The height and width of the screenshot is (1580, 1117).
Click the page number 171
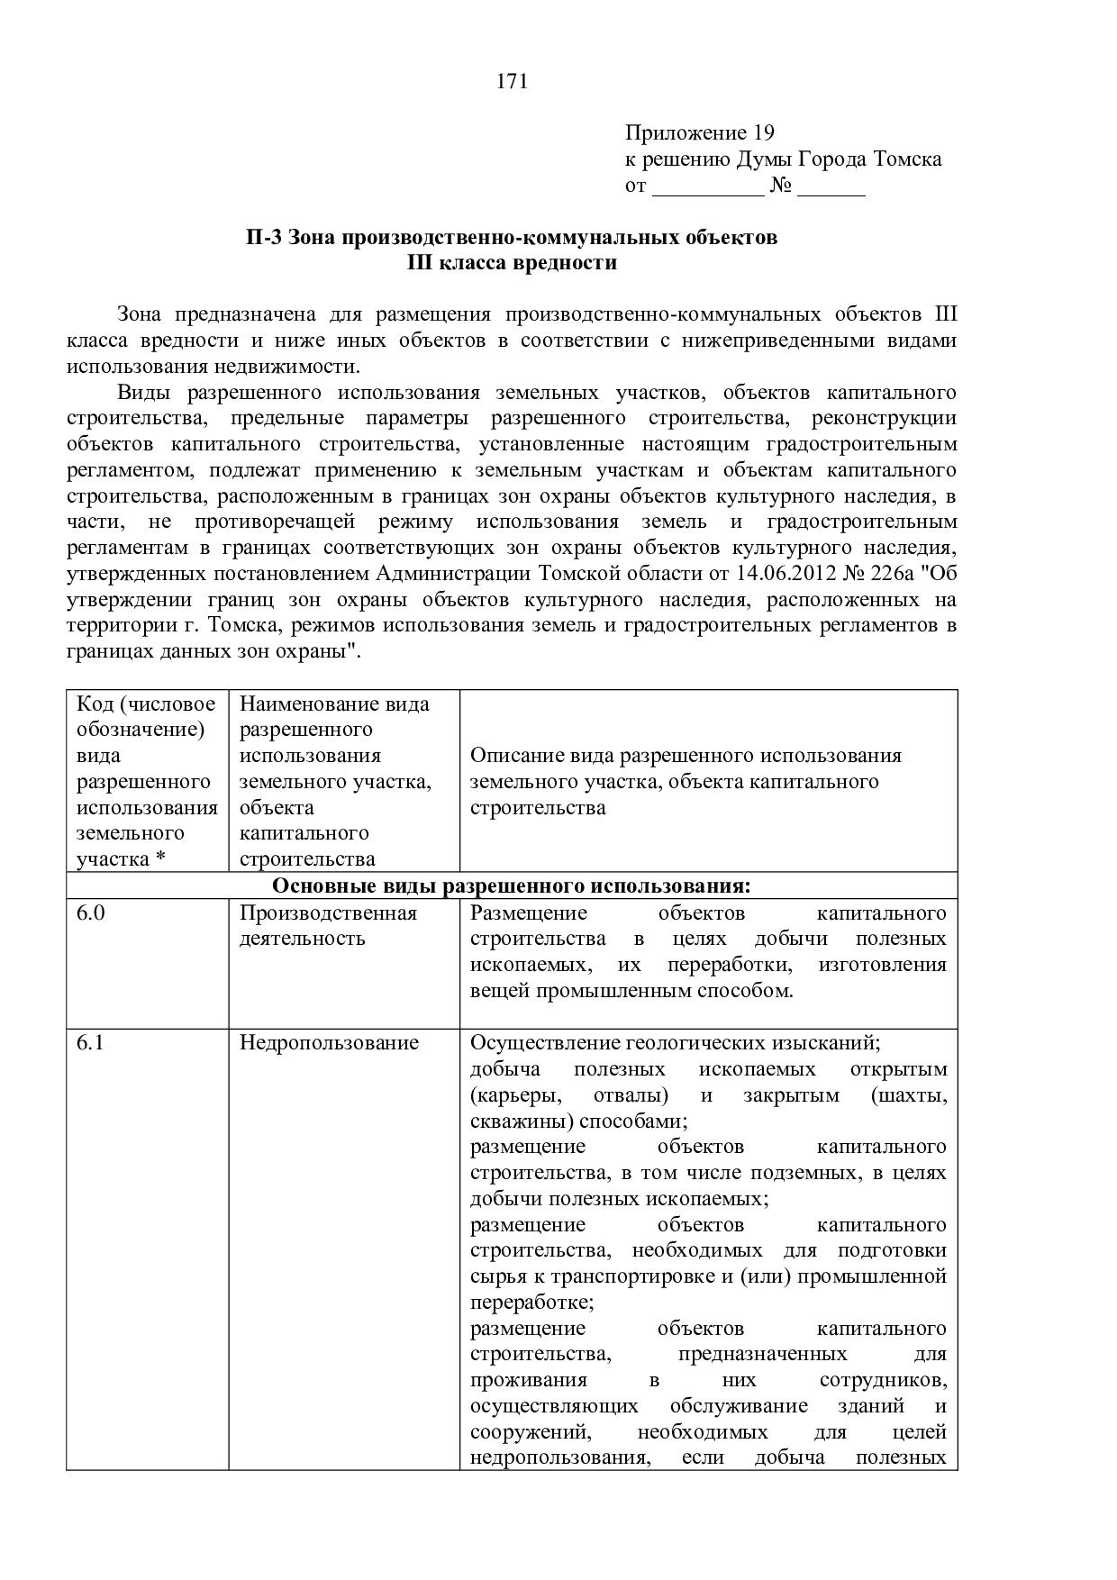point(511,82)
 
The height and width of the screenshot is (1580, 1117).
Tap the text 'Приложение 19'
point(699,133)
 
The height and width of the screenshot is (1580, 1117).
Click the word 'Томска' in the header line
point(908,159)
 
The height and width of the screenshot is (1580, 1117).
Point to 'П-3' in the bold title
point(263,238)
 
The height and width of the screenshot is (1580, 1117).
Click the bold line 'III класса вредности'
point(512,263)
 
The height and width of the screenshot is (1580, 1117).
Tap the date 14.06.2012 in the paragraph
point(768,574)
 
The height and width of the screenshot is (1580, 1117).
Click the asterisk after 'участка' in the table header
point(160,858)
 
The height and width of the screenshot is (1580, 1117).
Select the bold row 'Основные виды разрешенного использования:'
point(511,885)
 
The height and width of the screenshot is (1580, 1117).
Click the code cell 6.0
point(91,913)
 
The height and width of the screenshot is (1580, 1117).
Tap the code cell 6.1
point(90,1042)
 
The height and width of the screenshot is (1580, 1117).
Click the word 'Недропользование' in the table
point(329,1042)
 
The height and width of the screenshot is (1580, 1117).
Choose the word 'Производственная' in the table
point(328,913)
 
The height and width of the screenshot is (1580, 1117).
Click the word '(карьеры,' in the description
point(516,1094)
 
